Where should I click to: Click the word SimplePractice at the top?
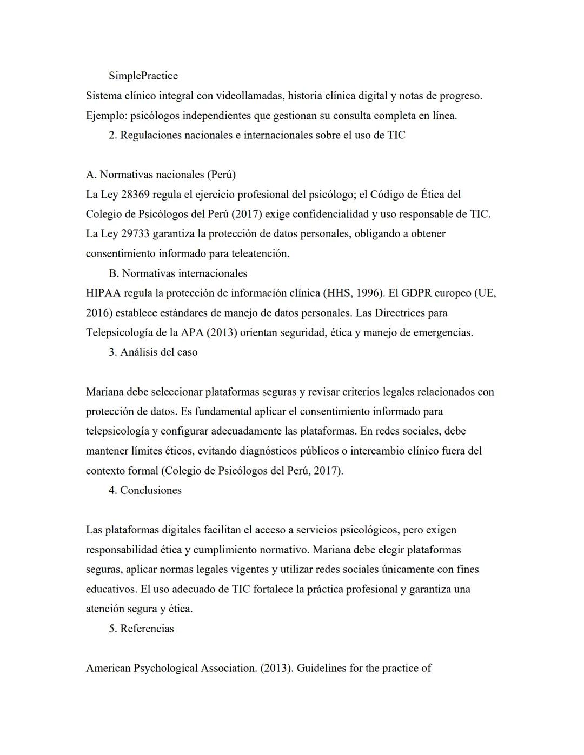[x=143, y=76]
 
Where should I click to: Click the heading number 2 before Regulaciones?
[x=112, y=135]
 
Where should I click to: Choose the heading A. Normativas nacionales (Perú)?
[x=161, y=175]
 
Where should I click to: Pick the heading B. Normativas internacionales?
[x=178, y=273]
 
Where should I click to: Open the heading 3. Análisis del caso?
[x=153, y=352]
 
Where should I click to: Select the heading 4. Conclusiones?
[x=145, y=490]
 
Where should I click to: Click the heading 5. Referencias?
[x=141, y=629]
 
